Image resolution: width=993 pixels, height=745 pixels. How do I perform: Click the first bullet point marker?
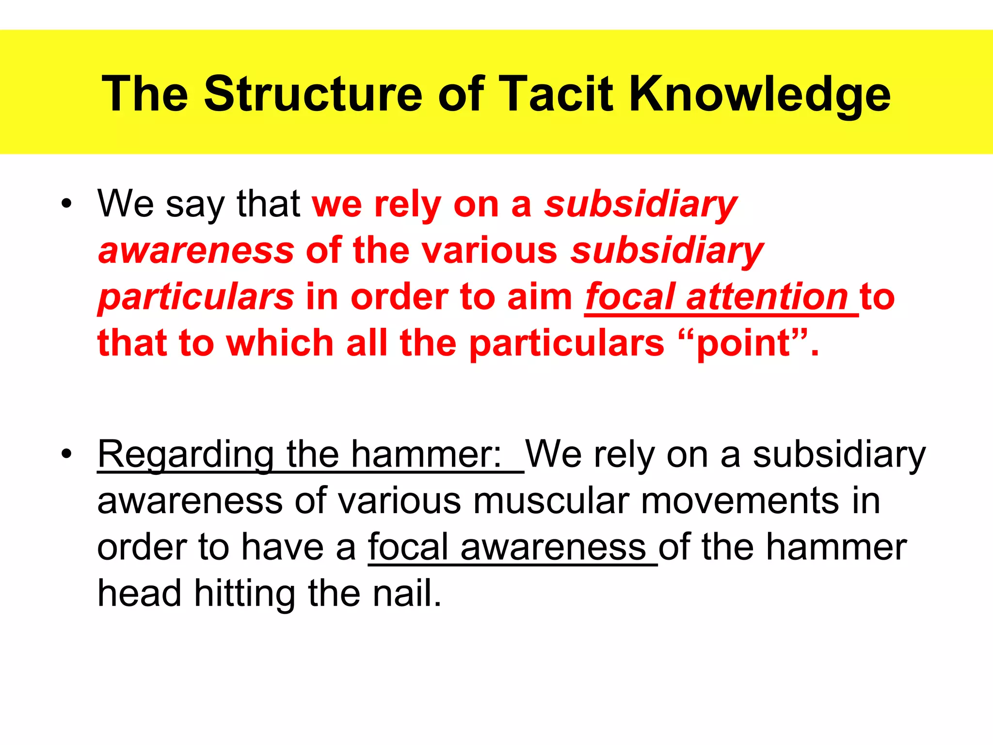66,204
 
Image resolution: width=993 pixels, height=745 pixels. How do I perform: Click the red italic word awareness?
196,251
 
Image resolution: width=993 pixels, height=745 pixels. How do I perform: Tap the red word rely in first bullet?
407,204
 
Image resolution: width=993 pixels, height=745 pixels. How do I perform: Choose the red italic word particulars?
196,297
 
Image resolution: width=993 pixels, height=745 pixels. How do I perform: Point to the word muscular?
551,501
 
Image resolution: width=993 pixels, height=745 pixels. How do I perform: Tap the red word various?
489,251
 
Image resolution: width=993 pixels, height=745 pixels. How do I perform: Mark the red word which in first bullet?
280,343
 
